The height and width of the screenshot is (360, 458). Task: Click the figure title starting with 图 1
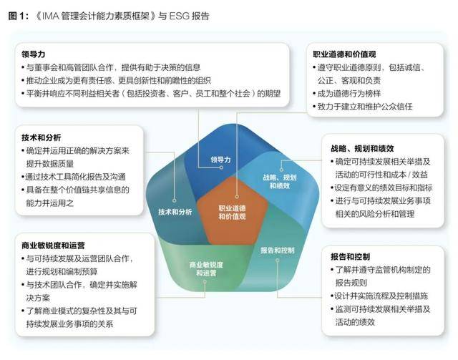(x=109, y=16)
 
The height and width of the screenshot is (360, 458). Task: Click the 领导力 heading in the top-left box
(x=34, y=54)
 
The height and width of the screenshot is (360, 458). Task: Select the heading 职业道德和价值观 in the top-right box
(x=344, y=54)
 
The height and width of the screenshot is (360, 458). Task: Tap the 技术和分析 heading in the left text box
(x=42, y=137)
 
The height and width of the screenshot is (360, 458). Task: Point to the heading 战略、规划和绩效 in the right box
(x=362, y=148)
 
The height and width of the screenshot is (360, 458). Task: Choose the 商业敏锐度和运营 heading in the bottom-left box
(x=53, y=245)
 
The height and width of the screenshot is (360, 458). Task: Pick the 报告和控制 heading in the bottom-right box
(x=350, y=257)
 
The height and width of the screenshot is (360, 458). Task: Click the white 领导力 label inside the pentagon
(x=220, y=160)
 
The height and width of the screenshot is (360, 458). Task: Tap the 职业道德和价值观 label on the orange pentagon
(x=232, y=213)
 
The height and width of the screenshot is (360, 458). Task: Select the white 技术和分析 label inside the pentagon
(x=175, y=212)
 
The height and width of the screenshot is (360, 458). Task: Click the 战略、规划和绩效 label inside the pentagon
(x=280, y=182)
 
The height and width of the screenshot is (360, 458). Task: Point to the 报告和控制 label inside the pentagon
(x=278, y=250)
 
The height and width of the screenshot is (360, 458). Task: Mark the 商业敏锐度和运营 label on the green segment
(x=206, y=269)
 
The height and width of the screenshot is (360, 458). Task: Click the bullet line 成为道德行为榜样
(x=346, y=94)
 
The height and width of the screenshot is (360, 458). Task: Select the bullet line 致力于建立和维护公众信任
(x=363, y=107)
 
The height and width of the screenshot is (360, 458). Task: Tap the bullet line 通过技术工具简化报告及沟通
(x=74, y=177)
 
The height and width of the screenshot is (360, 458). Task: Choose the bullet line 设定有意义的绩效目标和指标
(x=381, y=188)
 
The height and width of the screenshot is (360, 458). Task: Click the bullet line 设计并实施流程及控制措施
(x=379, y=296)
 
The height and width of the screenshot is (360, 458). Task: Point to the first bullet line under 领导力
(x=111, y=67)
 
